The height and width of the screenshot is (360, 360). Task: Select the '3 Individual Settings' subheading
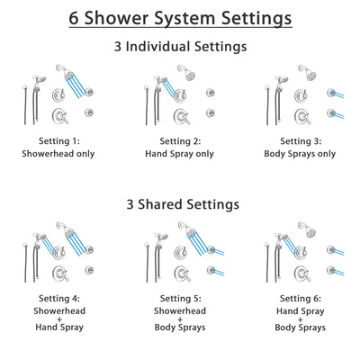(180, 47)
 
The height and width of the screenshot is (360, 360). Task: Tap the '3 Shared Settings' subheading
(180, 204)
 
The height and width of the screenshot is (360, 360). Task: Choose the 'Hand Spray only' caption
(180, 153)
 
